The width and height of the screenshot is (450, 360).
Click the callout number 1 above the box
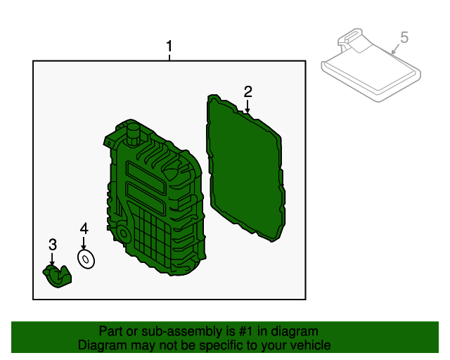coord(169,46)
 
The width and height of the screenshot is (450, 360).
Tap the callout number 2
coord(247,91)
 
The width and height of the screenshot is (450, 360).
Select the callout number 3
coord(53,245)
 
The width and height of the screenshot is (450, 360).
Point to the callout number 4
coord(84,229)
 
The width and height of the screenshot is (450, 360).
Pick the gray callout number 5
coord(404,37)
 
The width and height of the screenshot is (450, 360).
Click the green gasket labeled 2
coord(245,167)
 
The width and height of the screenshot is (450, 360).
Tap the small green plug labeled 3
coord(58,276)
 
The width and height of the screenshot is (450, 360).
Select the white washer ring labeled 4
coord(86,259)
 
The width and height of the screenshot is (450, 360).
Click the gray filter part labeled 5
coord(371,65)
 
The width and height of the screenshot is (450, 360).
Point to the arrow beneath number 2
coord(247,106)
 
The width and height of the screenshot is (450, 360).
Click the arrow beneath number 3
coord(52,259)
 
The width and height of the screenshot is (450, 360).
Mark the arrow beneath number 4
coord(84,243)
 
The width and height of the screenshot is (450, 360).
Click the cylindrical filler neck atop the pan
coord(133,134)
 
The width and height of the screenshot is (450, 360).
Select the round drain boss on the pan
coord(123,233)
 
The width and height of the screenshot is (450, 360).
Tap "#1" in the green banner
coord(246,331)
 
